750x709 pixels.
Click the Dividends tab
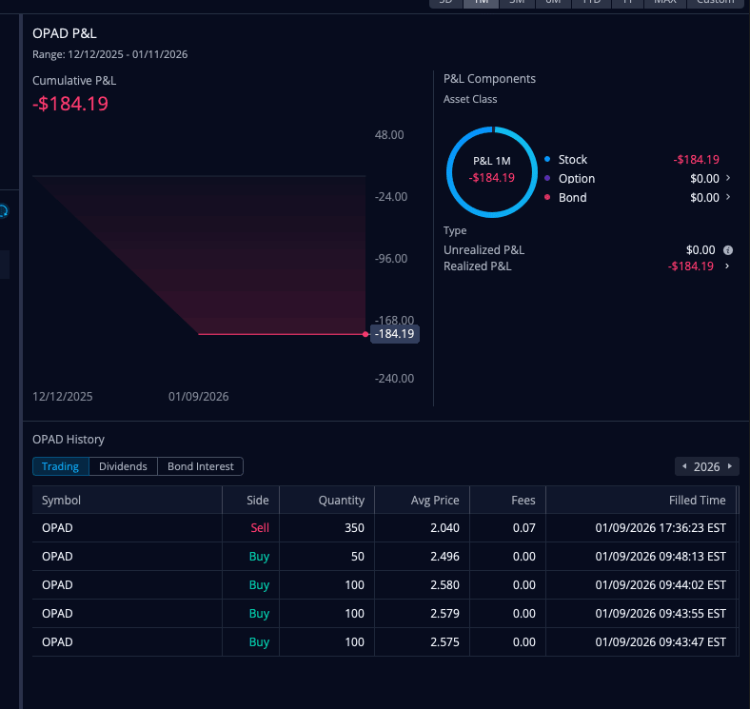coord(123,466)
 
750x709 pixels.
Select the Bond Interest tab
coord(200,466)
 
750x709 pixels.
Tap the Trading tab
coord(60,466)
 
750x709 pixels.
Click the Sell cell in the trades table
coord(260,527)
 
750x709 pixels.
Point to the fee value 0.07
coord(523,527)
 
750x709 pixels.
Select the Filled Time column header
coord(698,500)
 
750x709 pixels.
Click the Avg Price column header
coord(435,500)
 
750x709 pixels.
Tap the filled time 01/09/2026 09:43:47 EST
coord(661,641)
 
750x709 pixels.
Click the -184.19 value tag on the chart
coord(395,334)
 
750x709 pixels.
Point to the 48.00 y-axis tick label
coord(390,135)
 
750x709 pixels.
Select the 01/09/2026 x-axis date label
coord(198,397)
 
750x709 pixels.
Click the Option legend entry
coord(577,179)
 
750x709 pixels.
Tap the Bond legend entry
coord(572,198)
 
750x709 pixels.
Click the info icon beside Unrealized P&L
coord(728,250)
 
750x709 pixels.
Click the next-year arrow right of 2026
coord(730,466)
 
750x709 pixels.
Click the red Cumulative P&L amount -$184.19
coord(70,104)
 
